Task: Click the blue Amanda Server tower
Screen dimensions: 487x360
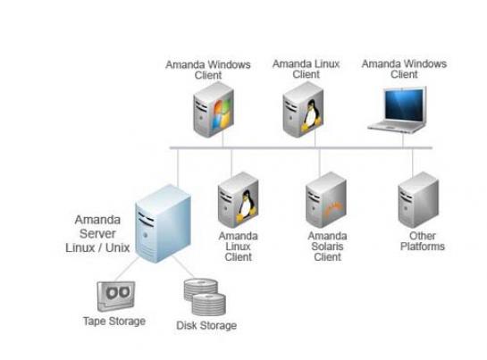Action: pyautogui.click(x=163, y=223)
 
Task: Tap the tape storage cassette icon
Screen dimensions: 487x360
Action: pyautogui.click(x=116, y=296)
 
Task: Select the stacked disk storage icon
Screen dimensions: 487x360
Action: pyautogui.click(x=205, y=297)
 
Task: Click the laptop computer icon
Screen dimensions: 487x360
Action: pyautogui.click(x=398, y=110)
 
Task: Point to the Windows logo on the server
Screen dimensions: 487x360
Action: pyautogui.click(x=223, y=113)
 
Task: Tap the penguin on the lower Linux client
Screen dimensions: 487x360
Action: pyautogui.click(x=247, y=206)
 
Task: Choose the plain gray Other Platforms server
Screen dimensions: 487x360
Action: pyautogui.click(x=418, y=200)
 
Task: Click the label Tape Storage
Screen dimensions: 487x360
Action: pyautogui.click(x=114, y=321)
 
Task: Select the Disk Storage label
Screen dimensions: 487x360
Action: pyautogui.click(x=206, y=325)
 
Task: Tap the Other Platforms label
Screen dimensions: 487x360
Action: pyautogui.click(x=423, y=241)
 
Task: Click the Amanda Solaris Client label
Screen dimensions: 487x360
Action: pyautogui.click(x=327, y=247)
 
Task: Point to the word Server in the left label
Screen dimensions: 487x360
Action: pyautogui.click(x=97, y=233)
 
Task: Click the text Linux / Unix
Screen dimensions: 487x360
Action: pyautogui.click(x=97, y=247)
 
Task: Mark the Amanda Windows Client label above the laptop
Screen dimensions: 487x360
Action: pyautogui.click(x=404, y=69)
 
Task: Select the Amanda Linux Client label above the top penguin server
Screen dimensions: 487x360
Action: pyautogui.click(x=306, y=69)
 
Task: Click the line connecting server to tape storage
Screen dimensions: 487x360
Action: pyautogui.click(x=126, y=269)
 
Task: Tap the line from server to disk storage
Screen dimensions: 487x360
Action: pyautogui.click(x=183, y=267)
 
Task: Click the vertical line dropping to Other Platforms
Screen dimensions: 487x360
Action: pyautogui.click(x=413, y=163)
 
